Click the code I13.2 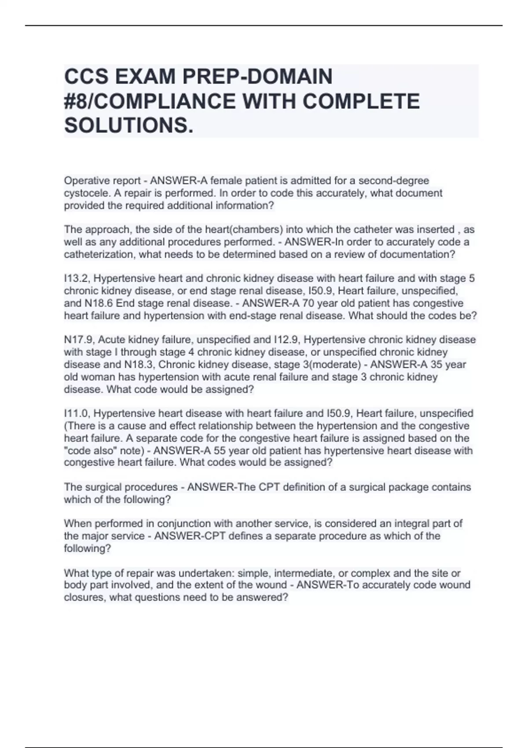click(x=77, y=279)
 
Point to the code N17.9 click(x=79, y=340)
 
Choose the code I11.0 click(x=77, y=413)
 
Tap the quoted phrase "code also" click(x=93, y=451)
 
